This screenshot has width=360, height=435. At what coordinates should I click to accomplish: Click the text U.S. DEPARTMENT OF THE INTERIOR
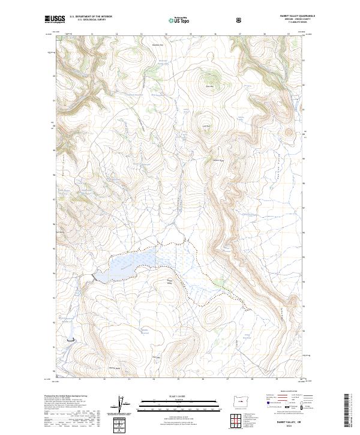coord(91,17)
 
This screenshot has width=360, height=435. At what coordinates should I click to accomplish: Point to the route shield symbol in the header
coord(240,20)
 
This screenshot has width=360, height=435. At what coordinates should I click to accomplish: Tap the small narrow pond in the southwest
coord(72,340)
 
